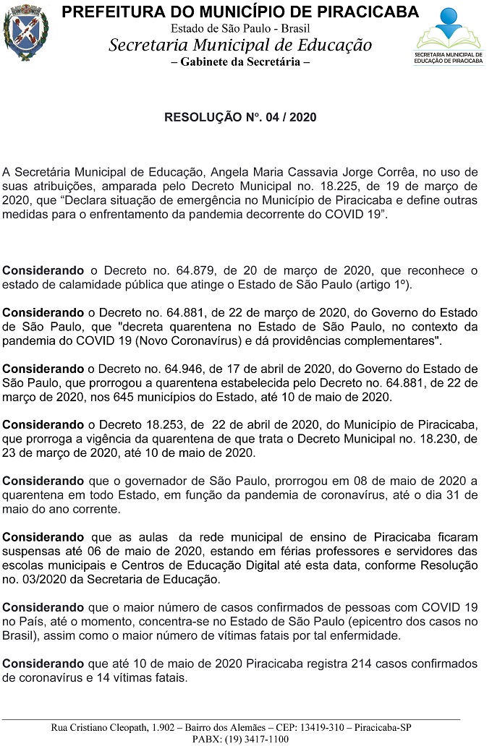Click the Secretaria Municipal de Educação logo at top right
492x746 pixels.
[448, 36]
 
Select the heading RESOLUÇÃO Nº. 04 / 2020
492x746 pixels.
[240, 116]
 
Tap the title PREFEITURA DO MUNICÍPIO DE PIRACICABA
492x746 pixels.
[240, 12]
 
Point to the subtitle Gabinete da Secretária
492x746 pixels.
[240, 61]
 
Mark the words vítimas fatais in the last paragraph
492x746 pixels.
[148, 678]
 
